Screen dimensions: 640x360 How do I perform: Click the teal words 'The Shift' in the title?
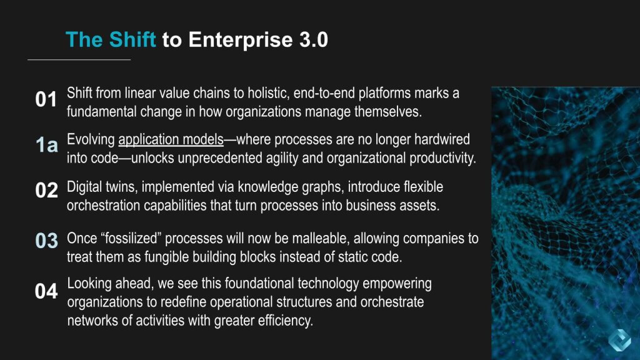(111, 39)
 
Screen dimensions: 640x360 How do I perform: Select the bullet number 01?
(46, 99)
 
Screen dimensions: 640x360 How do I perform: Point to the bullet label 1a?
(46, 145)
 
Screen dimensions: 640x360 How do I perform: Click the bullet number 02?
(46, 190)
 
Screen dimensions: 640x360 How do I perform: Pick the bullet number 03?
(46, 241)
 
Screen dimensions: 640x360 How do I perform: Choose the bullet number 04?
(46, 291)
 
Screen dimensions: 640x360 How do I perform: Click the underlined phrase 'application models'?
(171, 139)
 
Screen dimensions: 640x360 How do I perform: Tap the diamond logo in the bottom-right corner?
(619, 339)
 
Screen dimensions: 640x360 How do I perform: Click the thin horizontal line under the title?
(79, 59)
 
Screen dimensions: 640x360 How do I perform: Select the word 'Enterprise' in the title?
(241, 40)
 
